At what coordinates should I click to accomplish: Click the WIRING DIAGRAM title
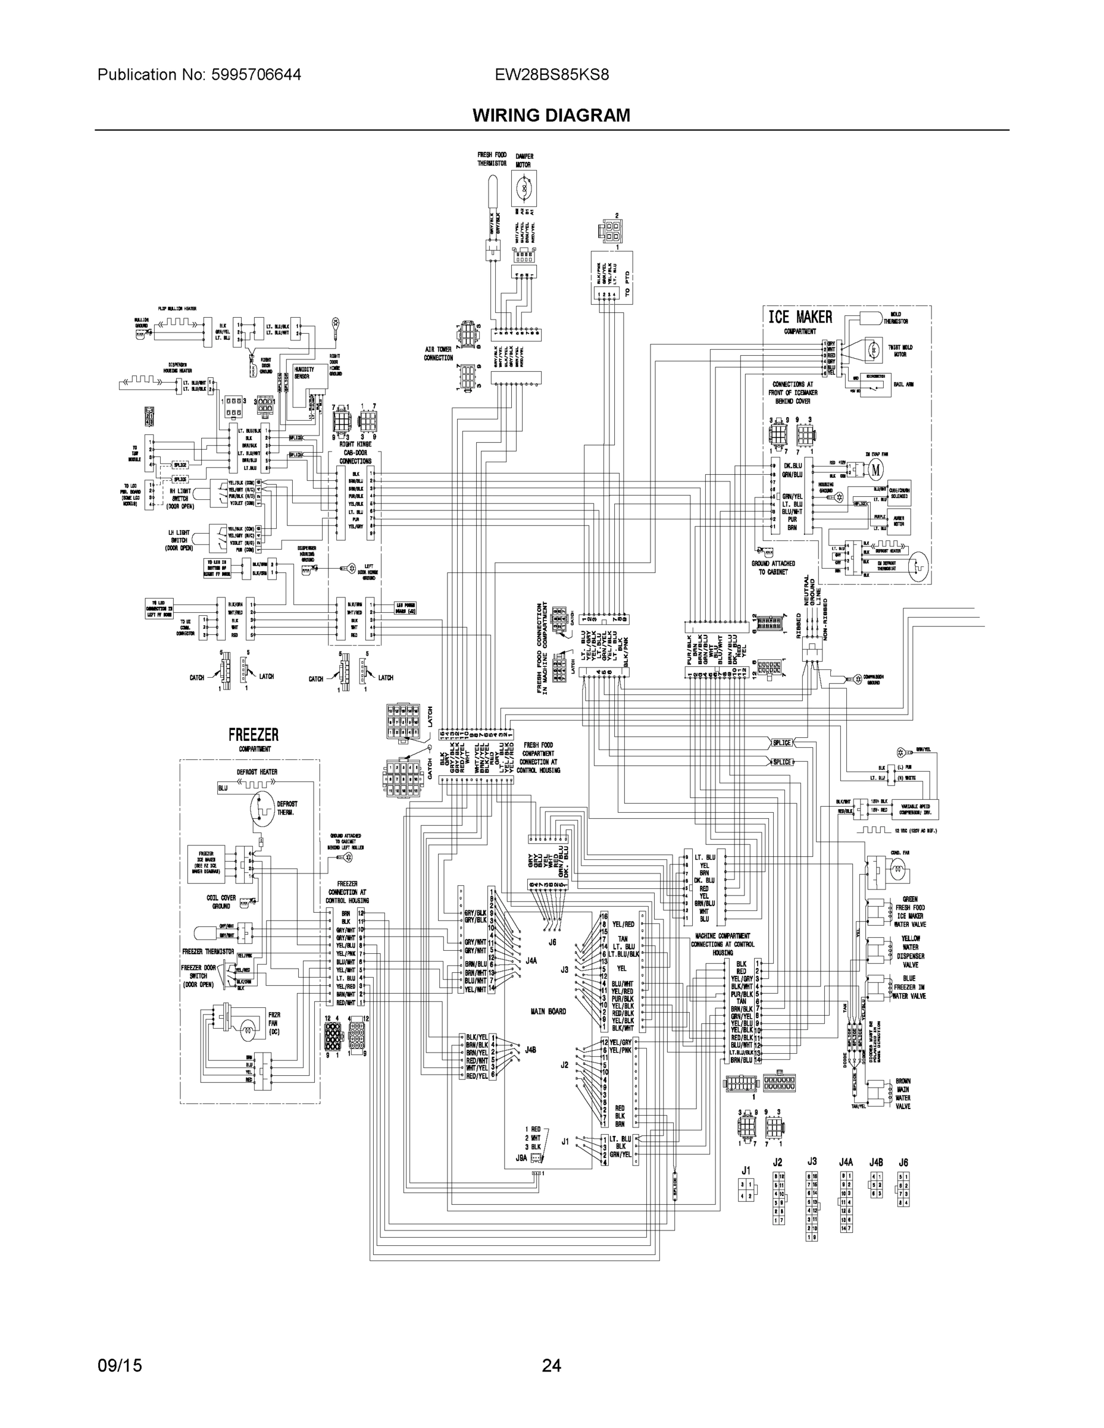(551, 116)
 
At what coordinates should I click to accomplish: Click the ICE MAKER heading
(800, 317)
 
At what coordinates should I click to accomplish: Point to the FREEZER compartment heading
(253, 735)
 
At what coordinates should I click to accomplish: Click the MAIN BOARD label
(548, 1011)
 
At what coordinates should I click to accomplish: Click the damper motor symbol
(523, 188)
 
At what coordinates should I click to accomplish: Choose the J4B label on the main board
(530, 1050)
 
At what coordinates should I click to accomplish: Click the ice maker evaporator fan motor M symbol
(875, 469)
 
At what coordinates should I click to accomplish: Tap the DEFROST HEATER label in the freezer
(257, 772)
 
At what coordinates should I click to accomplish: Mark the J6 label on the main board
(553, 942)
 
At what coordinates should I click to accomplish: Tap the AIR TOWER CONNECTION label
(438, 354)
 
